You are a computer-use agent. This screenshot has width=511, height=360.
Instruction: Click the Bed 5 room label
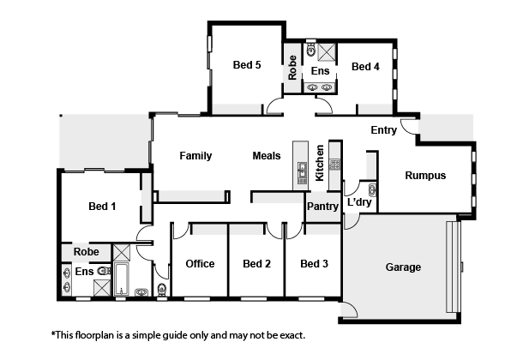(247, 65)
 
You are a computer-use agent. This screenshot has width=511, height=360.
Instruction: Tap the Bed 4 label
(365, 67)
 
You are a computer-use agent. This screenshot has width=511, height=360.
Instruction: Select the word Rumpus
(425, 176)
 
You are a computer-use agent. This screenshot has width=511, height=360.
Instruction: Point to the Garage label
(403, 267)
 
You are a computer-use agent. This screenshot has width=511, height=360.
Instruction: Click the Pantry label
(322, 207)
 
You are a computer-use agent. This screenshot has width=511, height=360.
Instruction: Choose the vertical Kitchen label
(320, 163)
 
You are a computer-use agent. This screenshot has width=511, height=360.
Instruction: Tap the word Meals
(267, 156)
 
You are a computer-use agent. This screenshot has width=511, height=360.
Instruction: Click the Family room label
(195, 156)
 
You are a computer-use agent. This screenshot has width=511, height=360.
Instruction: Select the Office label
(200, 263)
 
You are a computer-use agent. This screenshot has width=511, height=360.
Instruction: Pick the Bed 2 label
(257, 263)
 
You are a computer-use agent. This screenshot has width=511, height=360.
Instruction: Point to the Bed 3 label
(314, 263)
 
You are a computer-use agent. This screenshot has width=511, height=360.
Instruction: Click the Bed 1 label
(102, 207)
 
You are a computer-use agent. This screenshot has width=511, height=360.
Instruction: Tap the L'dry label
(359, 202)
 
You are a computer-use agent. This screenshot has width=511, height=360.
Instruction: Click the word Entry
(383, 130)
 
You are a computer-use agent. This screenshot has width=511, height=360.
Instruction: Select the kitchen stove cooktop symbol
(334, 164)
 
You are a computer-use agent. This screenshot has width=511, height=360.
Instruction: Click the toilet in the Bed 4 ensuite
(311, 49)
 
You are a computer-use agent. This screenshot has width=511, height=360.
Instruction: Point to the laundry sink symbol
(372, 190)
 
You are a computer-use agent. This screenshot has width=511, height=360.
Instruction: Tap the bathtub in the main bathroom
(122, 279)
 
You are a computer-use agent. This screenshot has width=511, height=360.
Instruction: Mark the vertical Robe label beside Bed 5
(292, 68)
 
